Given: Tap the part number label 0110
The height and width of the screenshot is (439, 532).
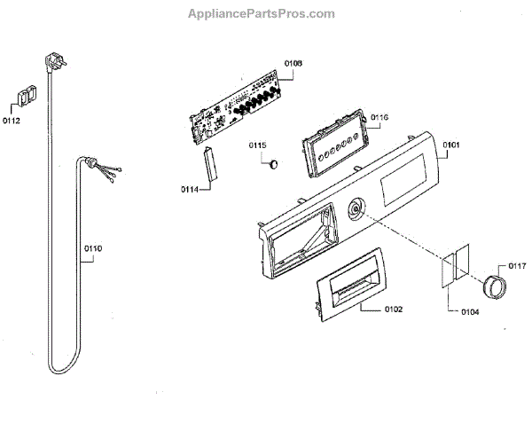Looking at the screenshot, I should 93,250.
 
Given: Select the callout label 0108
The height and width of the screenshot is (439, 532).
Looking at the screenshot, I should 293,63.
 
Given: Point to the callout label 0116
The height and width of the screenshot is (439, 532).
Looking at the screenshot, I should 379,118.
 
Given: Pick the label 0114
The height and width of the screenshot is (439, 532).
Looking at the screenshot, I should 189,188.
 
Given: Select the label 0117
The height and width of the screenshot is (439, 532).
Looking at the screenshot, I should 517,265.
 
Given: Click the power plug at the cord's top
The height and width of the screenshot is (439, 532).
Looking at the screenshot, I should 48,62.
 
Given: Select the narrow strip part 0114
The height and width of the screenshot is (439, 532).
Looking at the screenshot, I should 211,168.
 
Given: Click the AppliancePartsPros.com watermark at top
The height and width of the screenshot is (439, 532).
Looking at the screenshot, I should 262,14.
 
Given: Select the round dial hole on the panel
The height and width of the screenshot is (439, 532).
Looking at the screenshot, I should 356,210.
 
